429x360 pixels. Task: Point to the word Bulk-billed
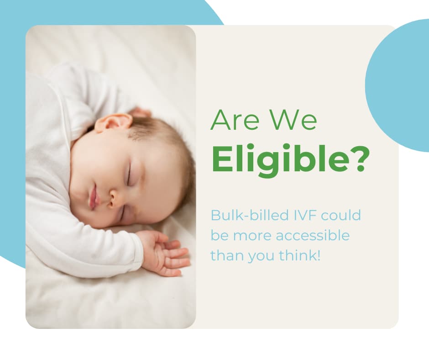coord(242,215)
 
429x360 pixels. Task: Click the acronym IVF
coord(294,215)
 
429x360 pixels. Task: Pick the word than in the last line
coord(226,256)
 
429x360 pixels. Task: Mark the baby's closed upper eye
coord(130,176)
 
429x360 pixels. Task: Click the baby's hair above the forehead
coord(155,132)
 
